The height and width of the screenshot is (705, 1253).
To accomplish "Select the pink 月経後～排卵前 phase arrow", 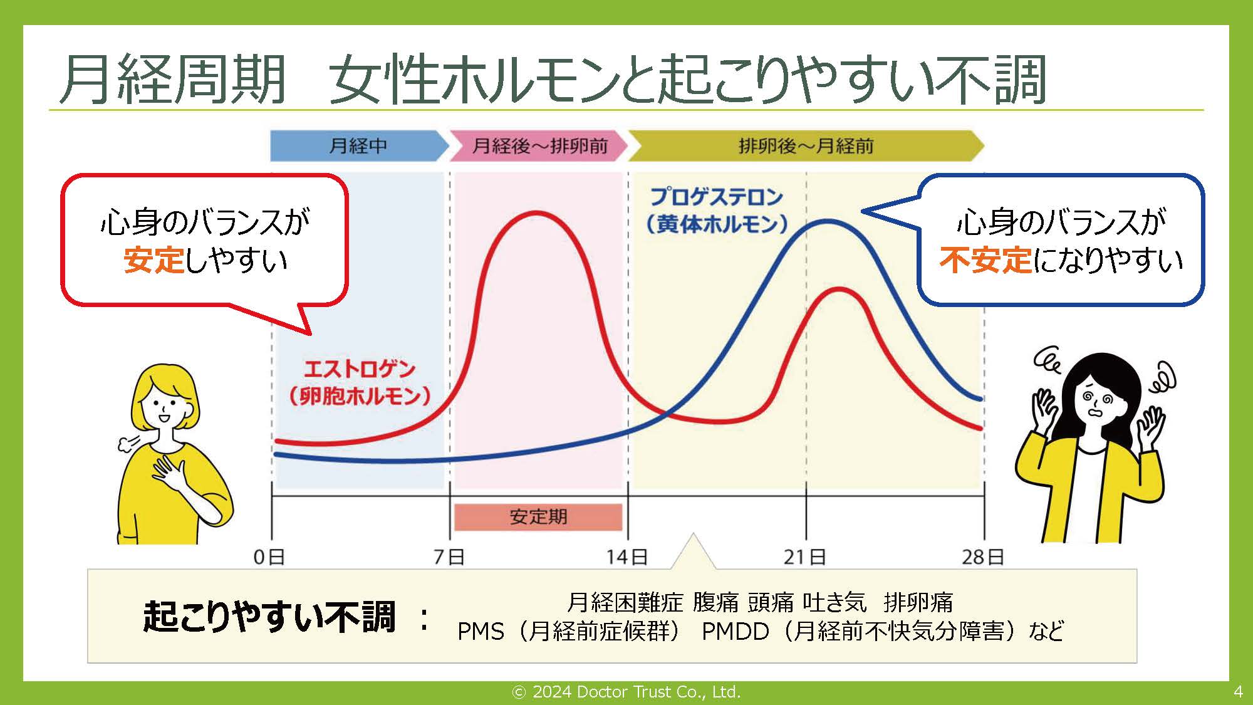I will coord(539,146).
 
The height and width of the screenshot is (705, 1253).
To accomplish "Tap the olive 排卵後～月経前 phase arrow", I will coord(806,146).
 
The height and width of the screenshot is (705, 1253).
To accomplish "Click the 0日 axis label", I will coord(269,556).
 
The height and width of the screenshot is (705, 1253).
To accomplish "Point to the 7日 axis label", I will coord(449,556).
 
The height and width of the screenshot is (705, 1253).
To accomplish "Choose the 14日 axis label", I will coord(627,556).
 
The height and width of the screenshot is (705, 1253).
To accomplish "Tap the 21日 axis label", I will coord(805,556).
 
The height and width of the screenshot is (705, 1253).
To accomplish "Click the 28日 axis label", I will coord(983,556).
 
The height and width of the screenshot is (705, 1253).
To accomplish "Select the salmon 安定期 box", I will coord(538,517).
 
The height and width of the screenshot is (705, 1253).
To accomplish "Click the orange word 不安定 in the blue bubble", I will coord(985,260).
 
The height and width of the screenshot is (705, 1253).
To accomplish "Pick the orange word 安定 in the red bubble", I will coord(154,260).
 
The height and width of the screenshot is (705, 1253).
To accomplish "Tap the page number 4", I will coord(1238,692).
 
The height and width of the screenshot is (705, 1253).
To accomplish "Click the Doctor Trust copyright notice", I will coord(626,692).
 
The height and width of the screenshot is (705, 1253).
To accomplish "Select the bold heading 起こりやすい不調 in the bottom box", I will coord(269,617).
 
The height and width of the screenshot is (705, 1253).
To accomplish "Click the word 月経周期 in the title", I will coord(173,80).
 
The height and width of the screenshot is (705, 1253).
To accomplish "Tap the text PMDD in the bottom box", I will coord(735,632).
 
